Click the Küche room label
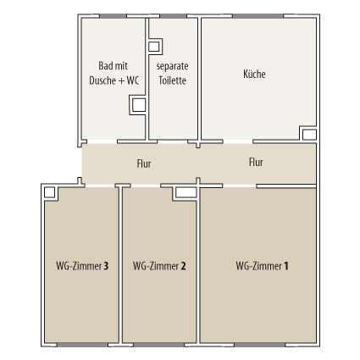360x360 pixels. (254, 74)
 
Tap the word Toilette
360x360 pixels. (172, 80)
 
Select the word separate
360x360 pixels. (172, 66)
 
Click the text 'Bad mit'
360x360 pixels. (113, 66)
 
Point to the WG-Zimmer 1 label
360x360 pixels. (262, 266)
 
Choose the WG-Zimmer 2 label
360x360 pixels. (159, 266)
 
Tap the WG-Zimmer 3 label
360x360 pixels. (82, 266)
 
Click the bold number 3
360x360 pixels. (106, 266)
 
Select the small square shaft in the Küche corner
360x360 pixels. (309, 135)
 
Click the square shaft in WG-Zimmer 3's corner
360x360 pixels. (49, 192)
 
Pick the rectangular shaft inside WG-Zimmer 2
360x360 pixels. (186, 192)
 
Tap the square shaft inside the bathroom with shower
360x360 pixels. (139, 105)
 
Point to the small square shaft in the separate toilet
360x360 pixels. (154, 47)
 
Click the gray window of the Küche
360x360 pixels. (258, 16)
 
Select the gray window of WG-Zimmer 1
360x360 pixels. (259, 345)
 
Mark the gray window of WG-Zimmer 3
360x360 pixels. (82, 345)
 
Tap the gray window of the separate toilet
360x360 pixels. (173, 16)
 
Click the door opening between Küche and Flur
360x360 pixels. (238, 141)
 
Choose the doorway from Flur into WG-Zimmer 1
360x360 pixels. (240, 186)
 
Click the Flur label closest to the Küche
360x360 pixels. (256, 163)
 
